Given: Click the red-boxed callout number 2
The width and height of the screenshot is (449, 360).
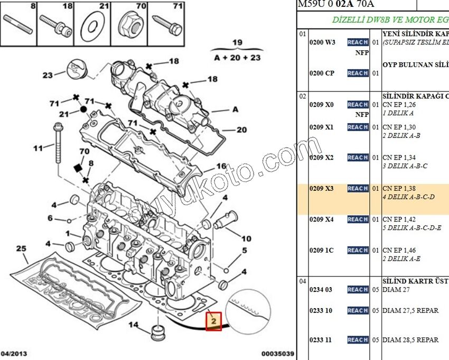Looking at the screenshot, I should pos(213,320).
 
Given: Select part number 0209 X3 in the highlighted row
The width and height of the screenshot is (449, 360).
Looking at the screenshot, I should pos(321,188).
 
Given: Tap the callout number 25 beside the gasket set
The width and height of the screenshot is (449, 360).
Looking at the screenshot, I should pos(21,248).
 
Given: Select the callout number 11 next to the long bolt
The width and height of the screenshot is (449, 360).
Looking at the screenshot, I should pos(37,148).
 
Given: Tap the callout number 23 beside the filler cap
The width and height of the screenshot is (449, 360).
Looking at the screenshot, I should pos(48,75).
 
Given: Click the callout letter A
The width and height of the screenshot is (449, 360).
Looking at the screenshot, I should pos(235,110).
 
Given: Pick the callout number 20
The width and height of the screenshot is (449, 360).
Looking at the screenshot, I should pos(241,130).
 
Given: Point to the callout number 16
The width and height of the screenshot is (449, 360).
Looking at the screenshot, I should pos(221,166).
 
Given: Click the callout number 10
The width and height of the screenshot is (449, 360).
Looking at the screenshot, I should pos(246,238).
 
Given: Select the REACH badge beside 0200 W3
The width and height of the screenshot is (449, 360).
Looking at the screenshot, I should pos(358,42).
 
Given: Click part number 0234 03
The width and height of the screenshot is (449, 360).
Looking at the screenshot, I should pos(321,290).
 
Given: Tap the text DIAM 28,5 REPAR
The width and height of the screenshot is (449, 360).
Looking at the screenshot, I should pos(410,340).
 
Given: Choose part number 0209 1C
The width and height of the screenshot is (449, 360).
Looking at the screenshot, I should pos(321,250).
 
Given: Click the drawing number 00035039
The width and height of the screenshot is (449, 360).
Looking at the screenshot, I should pos(277,353).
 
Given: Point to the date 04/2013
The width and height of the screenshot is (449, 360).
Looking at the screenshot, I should pos(14,353).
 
